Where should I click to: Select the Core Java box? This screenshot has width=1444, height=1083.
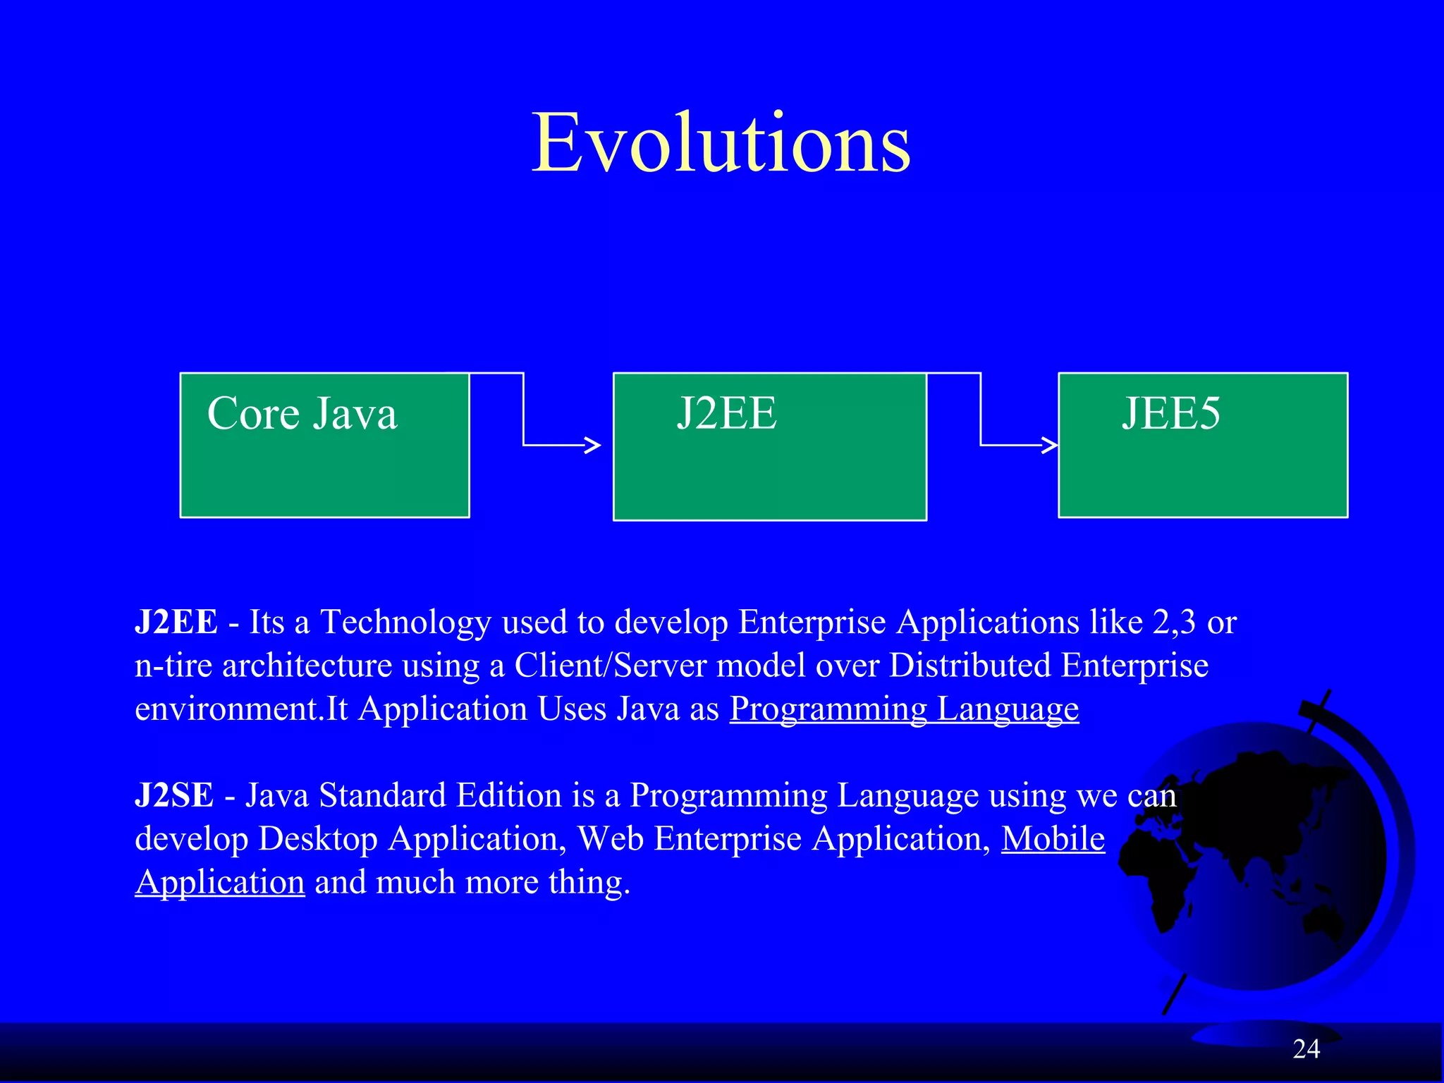pyautogui.click(x=324, y=446)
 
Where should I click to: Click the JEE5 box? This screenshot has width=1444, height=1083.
pyautogui.click(x=1203, y=446)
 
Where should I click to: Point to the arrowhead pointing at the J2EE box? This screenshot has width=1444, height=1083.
pyautogui.click(x=594, y=445)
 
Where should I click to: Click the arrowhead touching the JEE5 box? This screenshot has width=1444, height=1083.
pyautogui.click(x=1051, y=445)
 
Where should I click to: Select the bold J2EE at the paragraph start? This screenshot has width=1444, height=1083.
pyautogui.click(x=176, y=622)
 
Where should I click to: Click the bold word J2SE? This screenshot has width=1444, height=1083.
pyautogui.click(x=174, y=795)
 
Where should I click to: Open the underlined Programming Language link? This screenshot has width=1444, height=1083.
pyautogui.click(x=904, y=709)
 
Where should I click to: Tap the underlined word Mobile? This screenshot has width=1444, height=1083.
pyautogui.click(x=1053, y=839)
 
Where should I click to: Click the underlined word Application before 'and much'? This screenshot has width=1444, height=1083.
pyautogui.click(x=220, y=883)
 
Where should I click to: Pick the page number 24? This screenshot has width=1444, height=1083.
pyautogui.click(x=1306, y=1049)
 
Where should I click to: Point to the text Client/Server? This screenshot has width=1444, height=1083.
pyautogui.click(x=610, y=666)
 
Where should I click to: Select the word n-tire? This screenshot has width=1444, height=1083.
pyautogui.click(x=173, y=666)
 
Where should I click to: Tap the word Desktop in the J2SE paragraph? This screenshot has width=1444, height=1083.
pyautogui.click(x=318, y=839)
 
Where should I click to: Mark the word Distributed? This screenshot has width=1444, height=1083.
pyautogui.click(x=969, y=666)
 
